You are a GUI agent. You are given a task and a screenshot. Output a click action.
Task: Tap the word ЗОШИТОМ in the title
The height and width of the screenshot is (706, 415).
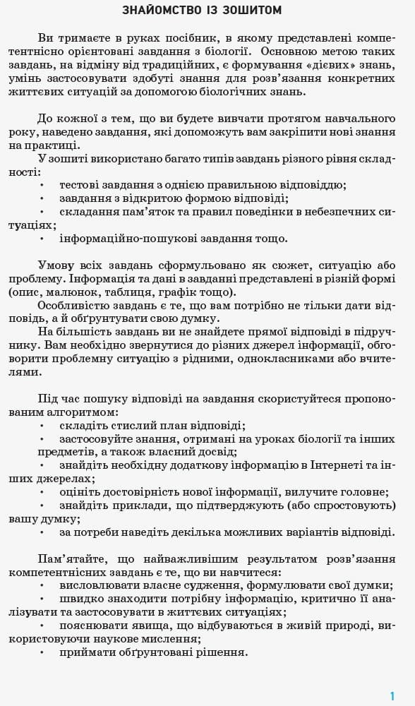point(252,11)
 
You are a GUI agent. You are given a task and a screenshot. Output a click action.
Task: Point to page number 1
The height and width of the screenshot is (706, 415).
point(392,695)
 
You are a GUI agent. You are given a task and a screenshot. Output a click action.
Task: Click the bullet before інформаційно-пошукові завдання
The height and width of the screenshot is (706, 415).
point(42,239)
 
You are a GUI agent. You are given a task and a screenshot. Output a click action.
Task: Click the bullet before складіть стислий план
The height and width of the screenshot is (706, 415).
point(42,426)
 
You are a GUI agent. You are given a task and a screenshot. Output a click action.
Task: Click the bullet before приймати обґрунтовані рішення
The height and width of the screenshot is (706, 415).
point(42,652)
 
